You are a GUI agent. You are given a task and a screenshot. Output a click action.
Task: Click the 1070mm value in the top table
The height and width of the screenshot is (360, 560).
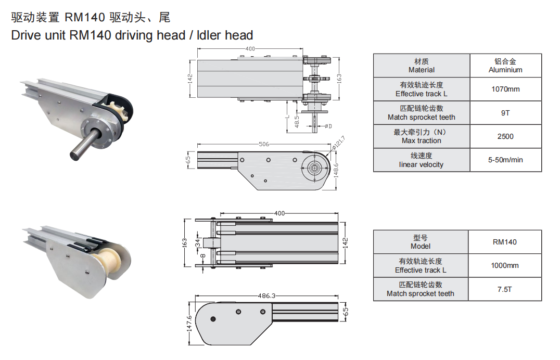coord(505,89)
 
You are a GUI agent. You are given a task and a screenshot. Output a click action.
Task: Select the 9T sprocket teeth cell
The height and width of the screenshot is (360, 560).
coord(505,113)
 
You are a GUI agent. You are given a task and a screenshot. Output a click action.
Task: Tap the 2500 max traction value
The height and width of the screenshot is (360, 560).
coord(505,136)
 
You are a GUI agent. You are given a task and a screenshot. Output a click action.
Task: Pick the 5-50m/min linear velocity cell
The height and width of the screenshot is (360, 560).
coord(505,160)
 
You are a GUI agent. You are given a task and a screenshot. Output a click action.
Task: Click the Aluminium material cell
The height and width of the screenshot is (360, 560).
coord(505,66)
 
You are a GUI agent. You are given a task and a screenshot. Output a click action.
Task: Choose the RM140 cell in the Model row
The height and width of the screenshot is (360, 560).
coord(505,242)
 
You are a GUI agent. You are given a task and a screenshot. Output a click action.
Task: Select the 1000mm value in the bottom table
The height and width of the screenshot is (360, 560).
coord(505,266)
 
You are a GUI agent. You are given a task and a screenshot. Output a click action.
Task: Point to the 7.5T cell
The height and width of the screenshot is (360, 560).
coord(505,289)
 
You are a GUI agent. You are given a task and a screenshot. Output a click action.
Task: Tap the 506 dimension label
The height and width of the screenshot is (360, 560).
coord(264,144)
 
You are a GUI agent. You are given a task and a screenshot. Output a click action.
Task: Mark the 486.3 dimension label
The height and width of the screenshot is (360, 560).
coord(267,296)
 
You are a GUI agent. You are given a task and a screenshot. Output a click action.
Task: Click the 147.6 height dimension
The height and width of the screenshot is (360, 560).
coord(189,323)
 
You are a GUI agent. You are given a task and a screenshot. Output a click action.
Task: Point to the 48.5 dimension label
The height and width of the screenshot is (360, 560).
coord(297,122)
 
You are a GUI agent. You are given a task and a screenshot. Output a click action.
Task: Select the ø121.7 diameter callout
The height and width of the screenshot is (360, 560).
coord(338,142)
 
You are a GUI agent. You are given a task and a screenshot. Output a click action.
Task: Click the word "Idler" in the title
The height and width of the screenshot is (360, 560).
coord(209,35)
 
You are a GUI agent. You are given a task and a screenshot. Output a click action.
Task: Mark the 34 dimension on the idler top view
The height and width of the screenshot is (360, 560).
coord(197,243)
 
